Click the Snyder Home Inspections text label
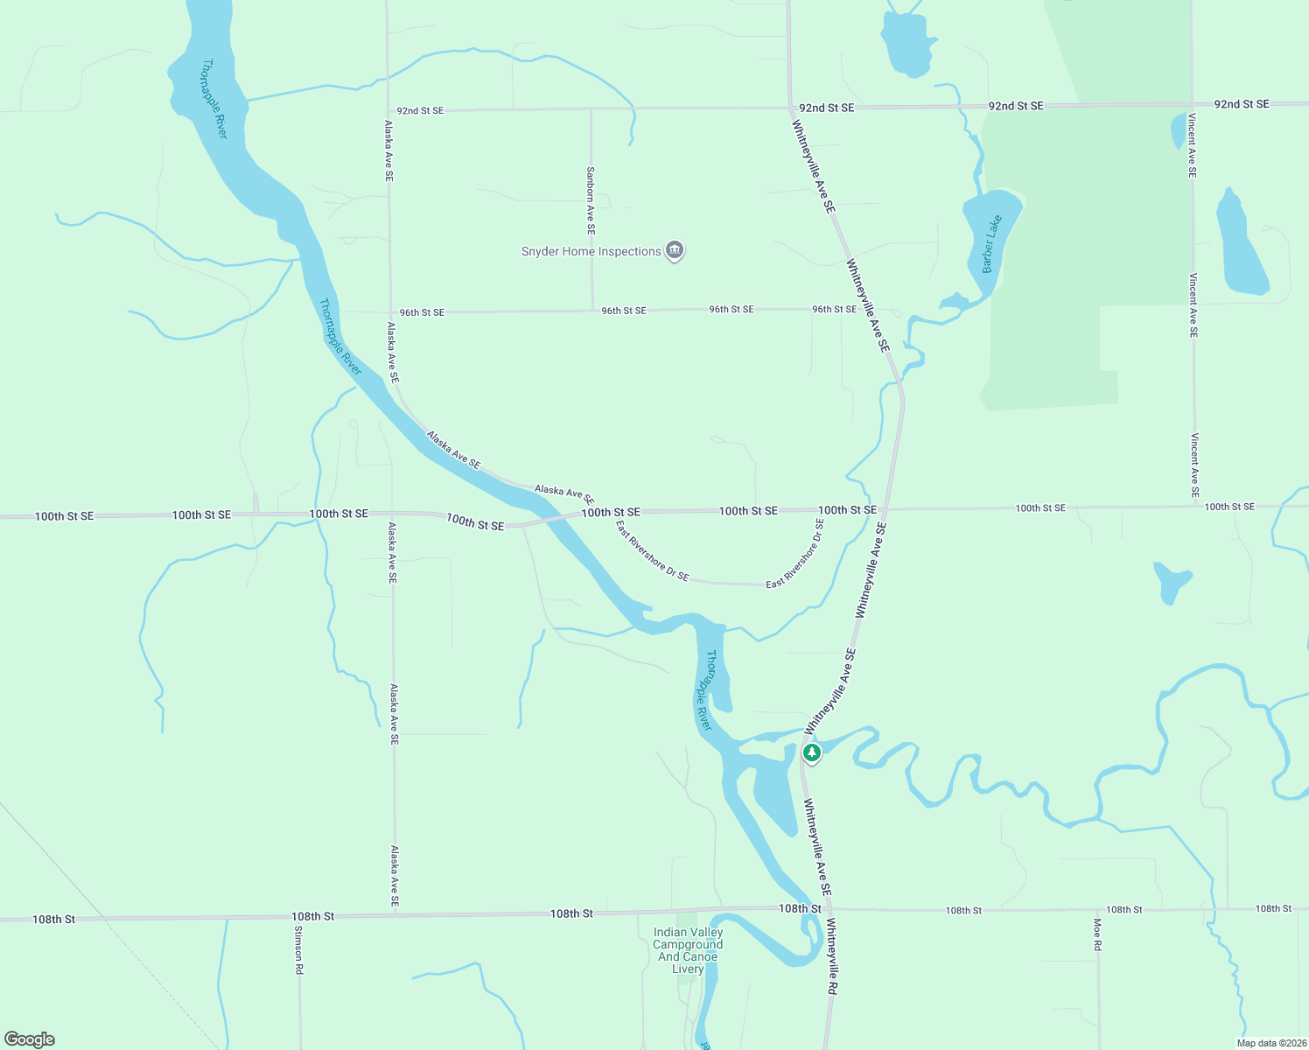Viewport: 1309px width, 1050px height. click(591, 252)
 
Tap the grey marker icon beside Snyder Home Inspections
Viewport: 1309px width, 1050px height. click(675, 251)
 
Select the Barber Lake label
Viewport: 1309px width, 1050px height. click(991, 244)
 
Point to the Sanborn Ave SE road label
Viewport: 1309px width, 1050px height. click(591, 200)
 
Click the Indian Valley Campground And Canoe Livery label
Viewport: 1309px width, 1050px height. click(688, 950)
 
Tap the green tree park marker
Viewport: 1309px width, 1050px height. click(812, 752)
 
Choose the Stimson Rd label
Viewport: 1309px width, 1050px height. click(298, 949)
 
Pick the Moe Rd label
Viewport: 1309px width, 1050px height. click(1097, 934)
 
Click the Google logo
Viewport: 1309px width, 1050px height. click(30, 1039)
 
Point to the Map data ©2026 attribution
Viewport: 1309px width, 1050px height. click(1271, 1043)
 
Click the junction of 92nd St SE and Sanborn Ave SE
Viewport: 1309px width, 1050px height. click(591, 109)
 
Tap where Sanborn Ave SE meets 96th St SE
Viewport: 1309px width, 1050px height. click(592, 311)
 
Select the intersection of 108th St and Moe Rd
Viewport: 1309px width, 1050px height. click(1098, 910)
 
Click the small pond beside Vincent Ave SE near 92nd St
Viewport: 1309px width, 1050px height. click(1178, 131)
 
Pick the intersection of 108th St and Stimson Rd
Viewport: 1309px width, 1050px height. click(299, 916)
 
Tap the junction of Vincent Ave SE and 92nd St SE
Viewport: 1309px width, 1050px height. click(1192, 104)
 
